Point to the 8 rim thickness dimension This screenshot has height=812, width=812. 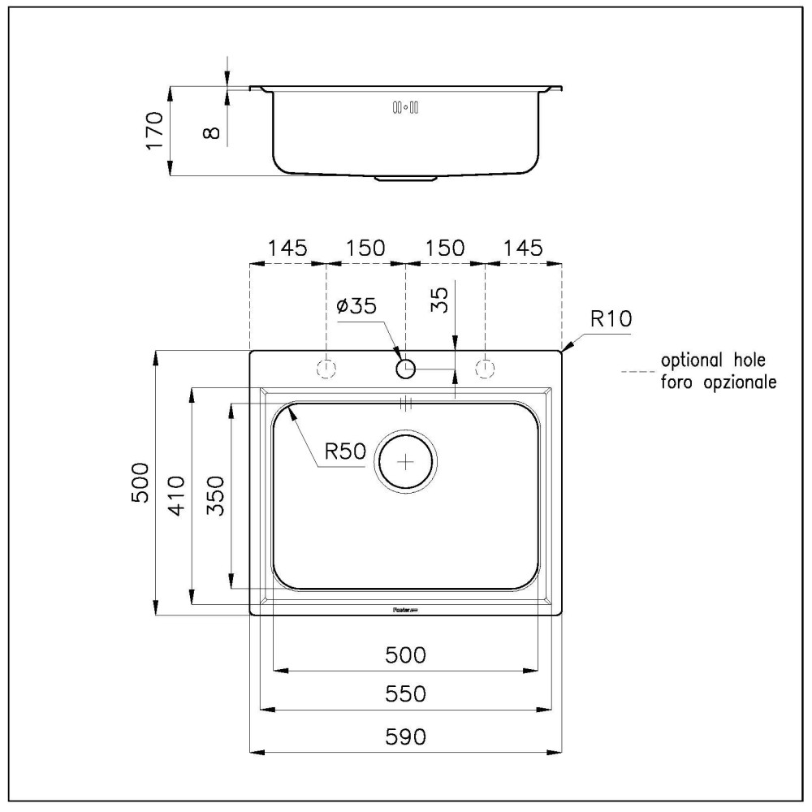(212, 129)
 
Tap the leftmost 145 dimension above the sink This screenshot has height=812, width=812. (288, 248)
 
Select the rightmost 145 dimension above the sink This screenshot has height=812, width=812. (522, 248)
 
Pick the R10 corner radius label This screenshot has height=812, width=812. (611, 319)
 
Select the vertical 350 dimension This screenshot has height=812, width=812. (216, 495)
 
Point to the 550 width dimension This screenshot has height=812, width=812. (405, 694)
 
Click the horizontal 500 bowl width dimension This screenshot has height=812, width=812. (405, 654)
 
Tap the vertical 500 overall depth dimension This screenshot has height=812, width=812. (139, 483)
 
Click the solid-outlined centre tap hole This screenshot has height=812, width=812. (406, 369)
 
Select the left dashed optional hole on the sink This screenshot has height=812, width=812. (326, 369)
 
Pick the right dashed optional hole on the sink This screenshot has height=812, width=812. (485, 369)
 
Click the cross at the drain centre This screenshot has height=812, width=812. (405, 461)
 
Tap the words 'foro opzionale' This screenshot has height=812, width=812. (718, 380)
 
